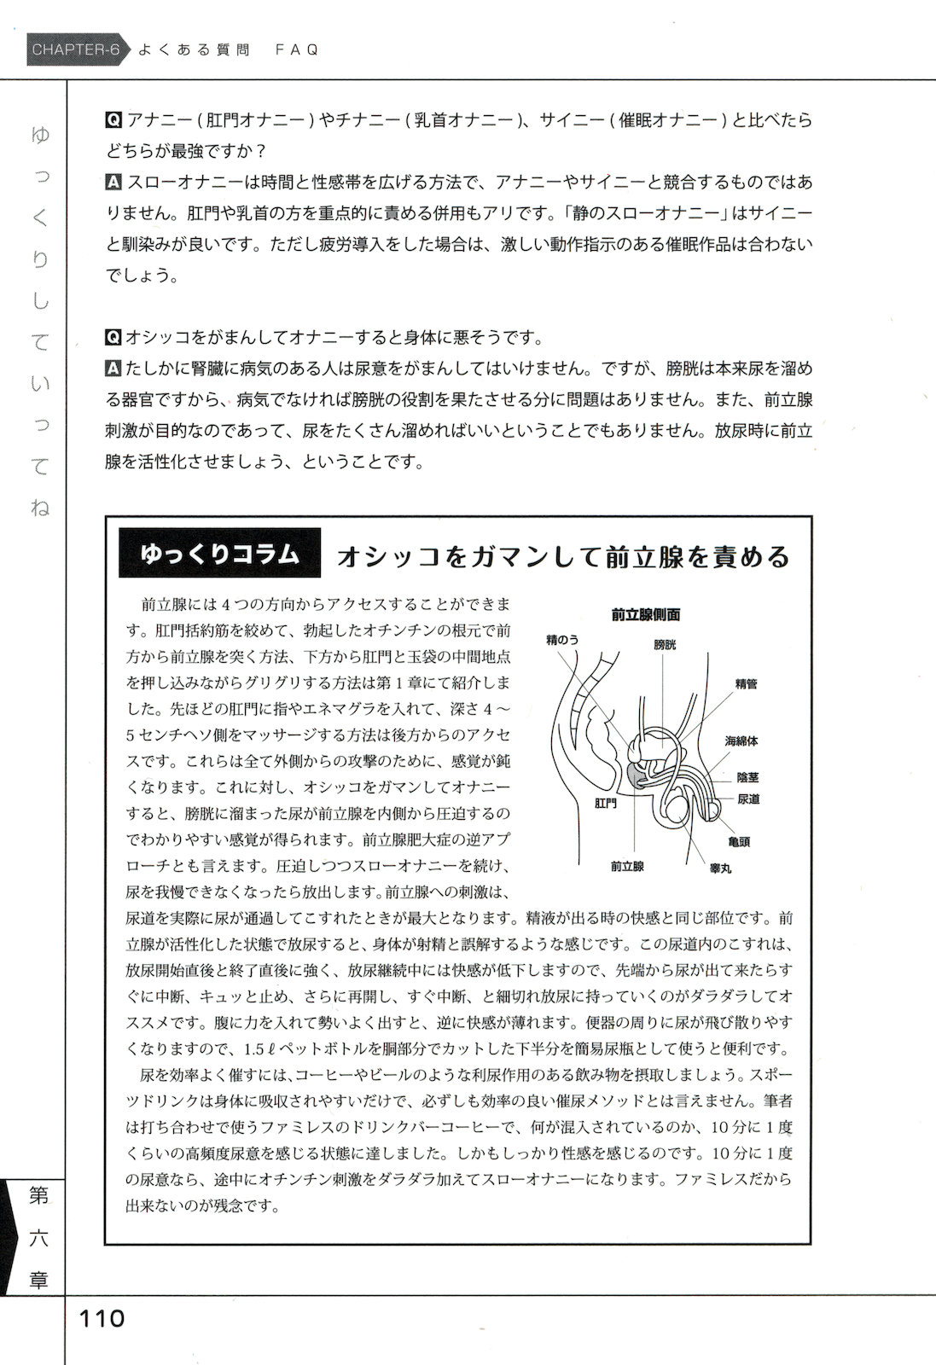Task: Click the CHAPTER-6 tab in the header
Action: (75, 49)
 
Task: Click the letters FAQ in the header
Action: (297, 49)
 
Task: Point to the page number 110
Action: (102, 1318)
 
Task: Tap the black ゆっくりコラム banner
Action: (220, 554)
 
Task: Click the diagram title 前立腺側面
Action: (646, 614)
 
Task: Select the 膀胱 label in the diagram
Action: (665, 645)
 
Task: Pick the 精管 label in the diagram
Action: (746, 683)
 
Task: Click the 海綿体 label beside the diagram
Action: (741, 741)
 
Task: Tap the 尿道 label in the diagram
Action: (748, 799)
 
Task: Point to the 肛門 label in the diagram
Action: (606, 804)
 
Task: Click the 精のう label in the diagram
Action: (563, 639)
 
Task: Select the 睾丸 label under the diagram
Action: (721, 868)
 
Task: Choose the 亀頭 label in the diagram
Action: (739, 841)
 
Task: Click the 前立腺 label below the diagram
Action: (627, 866)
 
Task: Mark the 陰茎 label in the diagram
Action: (748, 777)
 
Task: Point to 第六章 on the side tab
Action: (38, 1237)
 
